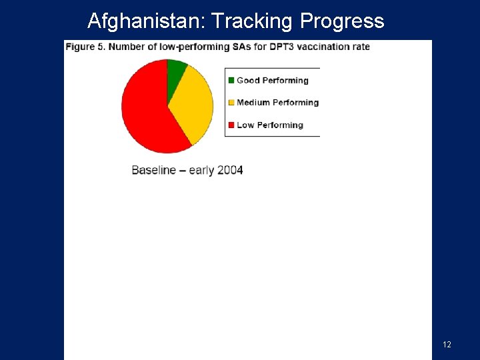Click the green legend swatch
231,81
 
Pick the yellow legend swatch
231,103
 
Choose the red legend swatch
231,125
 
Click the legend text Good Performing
272,81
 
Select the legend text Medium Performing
277,103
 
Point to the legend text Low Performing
269,125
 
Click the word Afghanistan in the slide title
145,21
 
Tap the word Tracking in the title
253,21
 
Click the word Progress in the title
342,21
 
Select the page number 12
447,344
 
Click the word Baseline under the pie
154,170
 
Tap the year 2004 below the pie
230,170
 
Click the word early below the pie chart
201,170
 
